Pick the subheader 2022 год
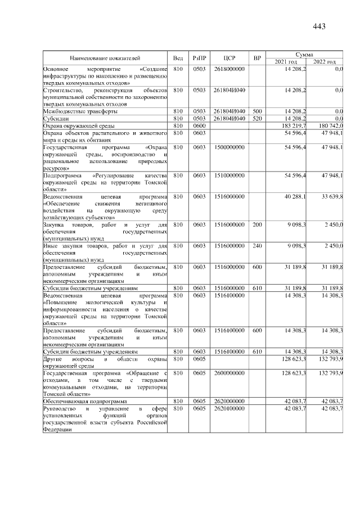(325, 61)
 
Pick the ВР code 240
(257, 246)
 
